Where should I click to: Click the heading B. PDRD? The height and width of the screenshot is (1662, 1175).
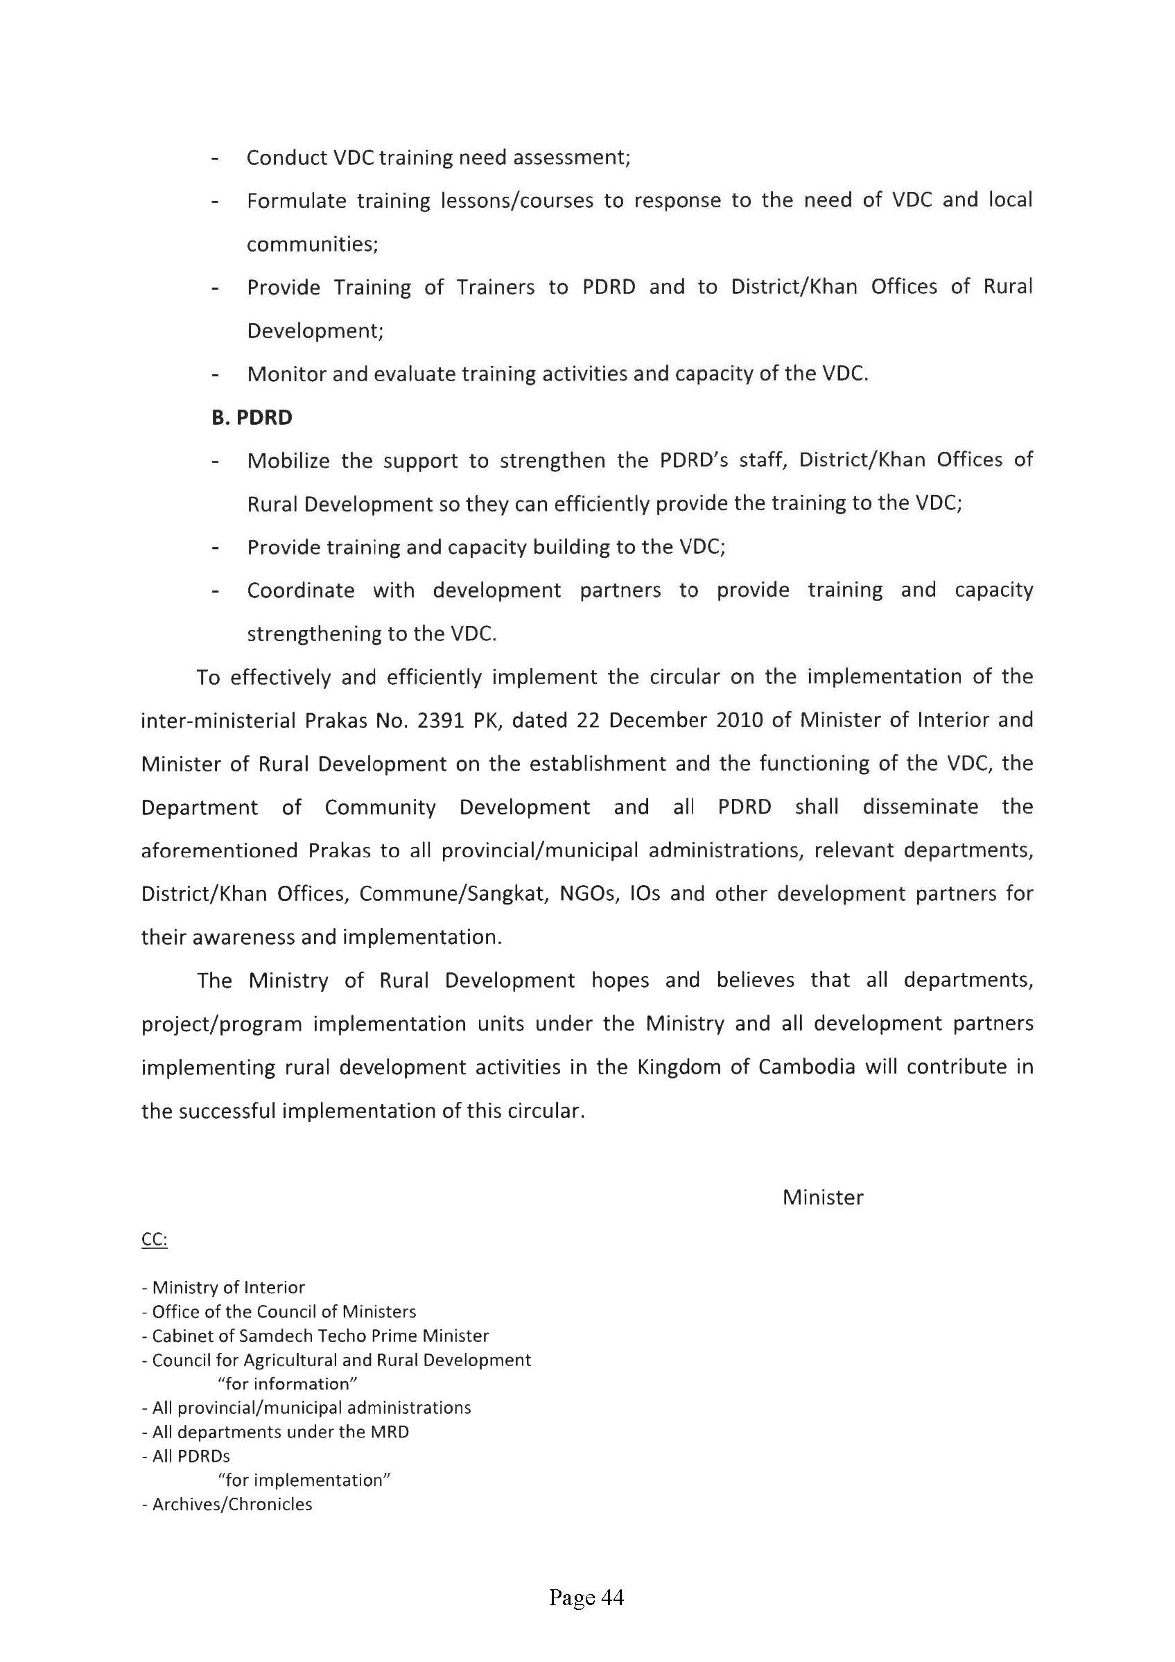(252, 418)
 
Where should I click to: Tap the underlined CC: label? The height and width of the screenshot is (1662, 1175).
(154, 1240)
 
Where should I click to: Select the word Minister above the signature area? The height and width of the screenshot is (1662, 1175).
(822, 1197)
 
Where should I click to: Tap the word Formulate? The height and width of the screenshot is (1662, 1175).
(296, 200)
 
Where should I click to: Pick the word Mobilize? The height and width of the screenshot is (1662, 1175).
(288, 460)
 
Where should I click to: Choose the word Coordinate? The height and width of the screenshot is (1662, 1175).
(300, 591)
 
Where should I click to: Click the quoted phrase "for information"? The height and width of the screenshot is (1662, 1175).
(288, 1383)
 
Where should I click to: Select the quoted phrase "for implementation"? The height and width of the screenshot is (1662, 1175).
(304, 1480)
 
